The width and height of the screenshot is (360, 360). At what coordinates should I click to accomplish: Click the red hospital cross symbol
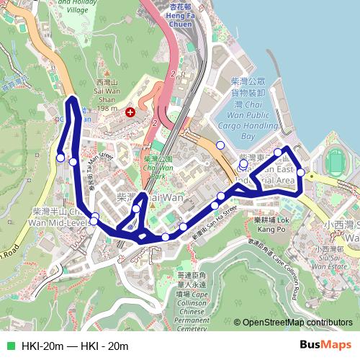point(130,112)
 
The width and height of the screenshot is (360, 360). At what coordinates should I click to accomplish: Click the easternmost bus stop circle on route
point(300,173)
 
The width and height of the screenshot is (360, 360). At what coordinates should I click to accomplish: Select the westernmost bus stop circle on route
point(60,158)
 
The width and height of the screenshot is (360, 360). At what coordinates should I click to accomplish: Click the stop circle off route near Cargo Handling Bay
point(220,145)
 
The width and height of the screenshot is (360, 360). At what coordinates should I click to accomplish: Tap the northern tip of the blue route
point(72,99)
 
